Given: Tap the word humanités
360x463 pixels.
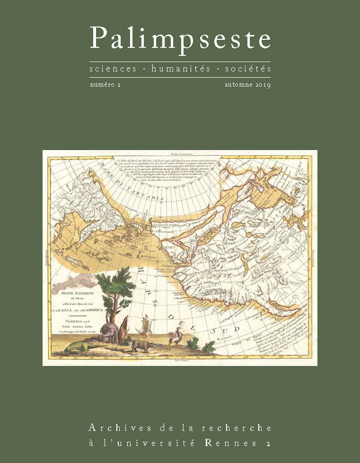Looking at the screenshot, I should point(180,69).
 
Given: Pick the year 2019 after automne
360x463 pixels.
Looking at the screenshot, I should point(260,85).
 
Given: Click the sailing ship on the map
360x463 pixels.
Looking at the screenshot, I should point(144,327).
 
